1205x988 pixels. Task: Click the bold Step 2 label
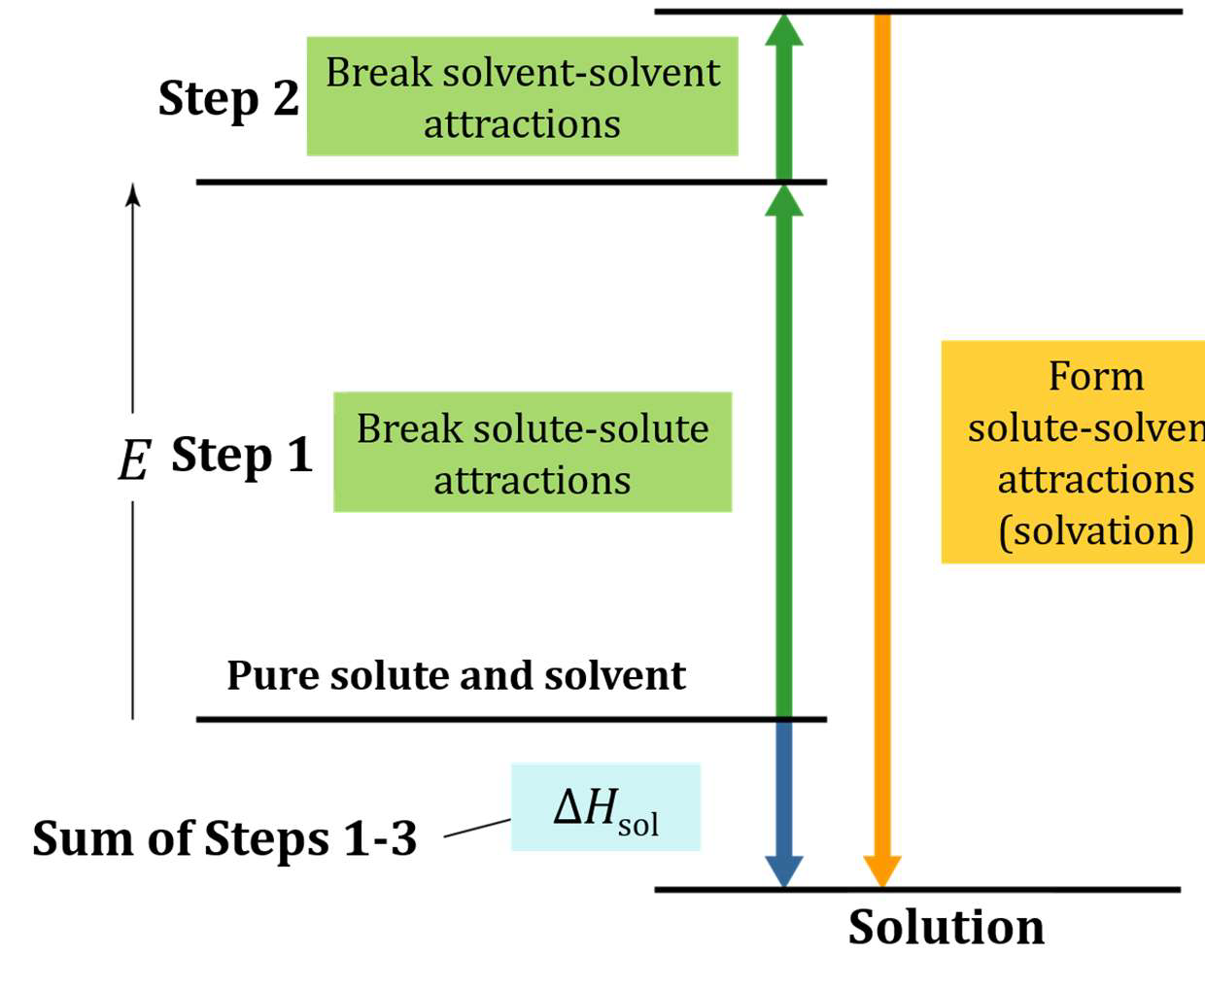[228, 100]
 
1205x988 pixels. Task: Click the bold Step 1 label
[242, 457]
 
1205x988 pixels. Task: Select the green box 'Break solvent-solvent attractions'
[522, 96]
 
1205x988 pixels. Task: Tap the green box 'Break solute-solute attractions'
[533, 452]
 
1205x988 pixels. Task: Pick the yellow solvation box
[1073, 453]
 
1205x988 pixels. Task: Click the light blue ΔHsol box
[605, 807]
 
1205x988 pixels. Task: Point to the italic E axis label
[134, 460]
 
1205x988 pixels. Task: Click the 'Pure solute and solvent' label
[457, 675]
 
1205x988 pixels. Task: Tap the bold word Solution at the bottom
[947, 927]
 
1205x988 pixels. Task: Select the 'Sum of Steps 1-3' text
[224, 837]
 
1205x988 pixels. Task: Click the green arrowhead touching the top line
[784, 30]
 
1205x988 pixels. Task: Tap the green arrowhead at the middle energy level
[784, 201]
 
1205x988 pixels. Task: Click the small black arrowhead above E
[133, 195]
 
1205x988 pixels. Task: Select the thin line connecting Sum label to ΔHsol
[477, 828]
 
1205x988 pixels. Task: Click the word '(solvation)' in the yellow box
[1096, 531]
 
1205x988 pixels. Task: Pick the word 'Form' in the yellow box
[1096, 377]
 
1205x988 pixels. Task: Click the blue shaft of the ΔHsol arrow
[784, 789]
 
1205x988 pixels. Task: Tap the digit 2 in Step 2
[287, 98]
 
